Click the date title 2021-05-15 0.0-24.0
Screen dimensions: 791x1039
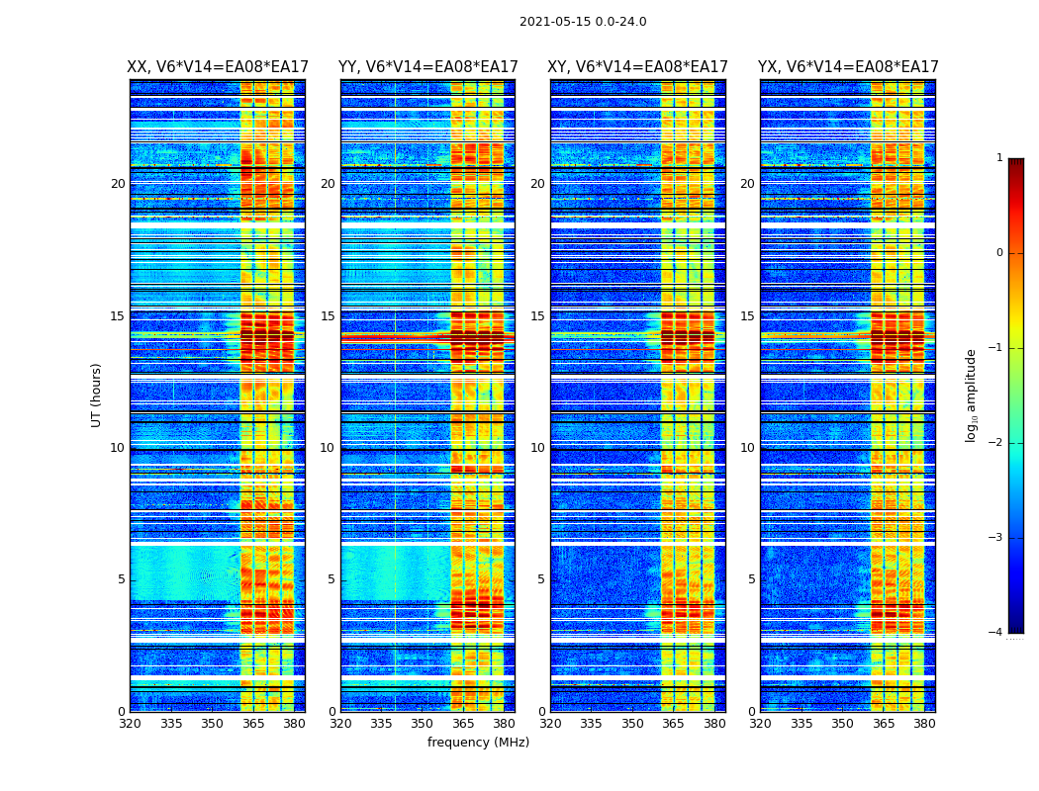pyautogui.click(x=583, y=22)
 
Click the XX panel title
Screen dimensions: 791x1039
pyautogui.click(x=218, y=67)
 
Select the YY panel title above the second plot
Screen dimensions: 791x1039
pyautogui.click(x=427, y=67)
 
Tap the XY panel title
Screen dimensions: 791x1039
pyautogui.click(x=638, y=67)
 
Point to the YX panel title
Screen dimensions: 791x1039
pyautogui.click(x=848, y=67)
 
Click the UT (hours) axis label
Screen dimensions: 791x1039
pyautogui.click(x=97, y=395)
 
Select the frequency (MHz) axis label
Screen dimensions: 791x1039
pyautogui.click(x=478, y=743)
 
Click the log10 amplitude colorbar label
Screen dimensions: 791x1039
pyautogui.click(x=972, y=395)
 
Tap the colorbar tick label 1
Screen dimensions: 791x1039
pyautogui.click(x=999, y=158)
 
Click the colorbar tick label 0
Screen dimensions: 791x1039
pyautogui.click(x=999, y=253)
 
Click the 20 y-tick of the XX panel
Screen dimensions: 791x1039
pyautogui.click(x=118, y=184)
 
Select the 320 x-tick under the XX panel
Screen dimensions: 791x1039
pyautogui.click(x=130, y=724)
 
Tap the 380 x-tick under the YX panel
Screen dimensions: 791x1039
pyautogui.click(x=924, y=724)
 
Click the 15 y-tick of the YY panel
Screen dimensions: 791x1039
pyautogui.click(x=328, y=316)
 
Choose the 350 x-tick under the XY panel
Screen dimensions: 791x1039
pyautogui.click(x=632, y=724)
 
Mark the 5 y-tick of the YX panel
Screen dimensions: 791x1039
pyautogui.click(x=752, y=579)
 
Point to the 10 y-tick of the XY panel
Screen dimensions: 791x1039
pyautogui.click(x=537, y=448)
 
